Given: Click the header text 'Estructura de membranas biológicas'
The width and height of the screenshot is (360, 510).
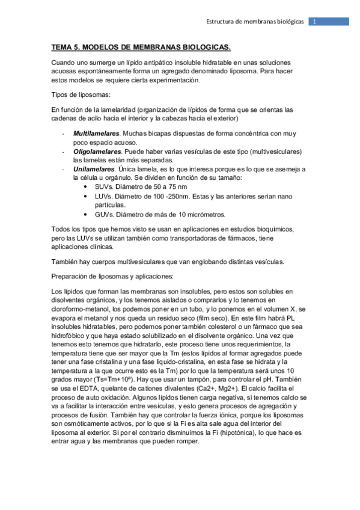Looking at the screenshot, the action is point(255,22).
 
